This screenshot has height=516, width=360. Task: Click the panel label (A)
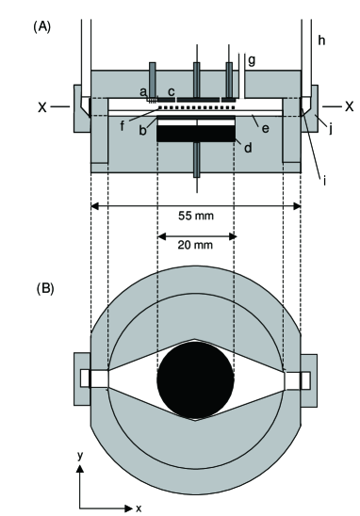[x=41, y=27]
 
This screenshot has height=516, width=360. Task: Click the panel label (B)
[x=45, y=289]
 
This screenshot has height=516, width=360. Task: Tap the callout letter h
[x=321, y=40]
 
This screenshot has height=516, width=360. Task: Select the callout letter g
[x=252, y=61]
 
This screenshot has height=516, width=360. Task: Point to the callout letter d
[x=248, y=148]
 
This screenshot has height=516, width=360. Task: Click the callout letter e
[x=266, y=129]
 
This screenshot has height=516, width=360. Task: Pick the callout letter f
[x=123, y=126]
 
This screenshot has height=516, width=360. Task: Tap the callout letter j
[x=331, y=129]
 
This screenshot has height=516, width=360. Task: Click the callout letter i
[x=324, y=180]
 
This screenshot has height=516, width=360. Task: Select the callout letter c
[x=172, y=92]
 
